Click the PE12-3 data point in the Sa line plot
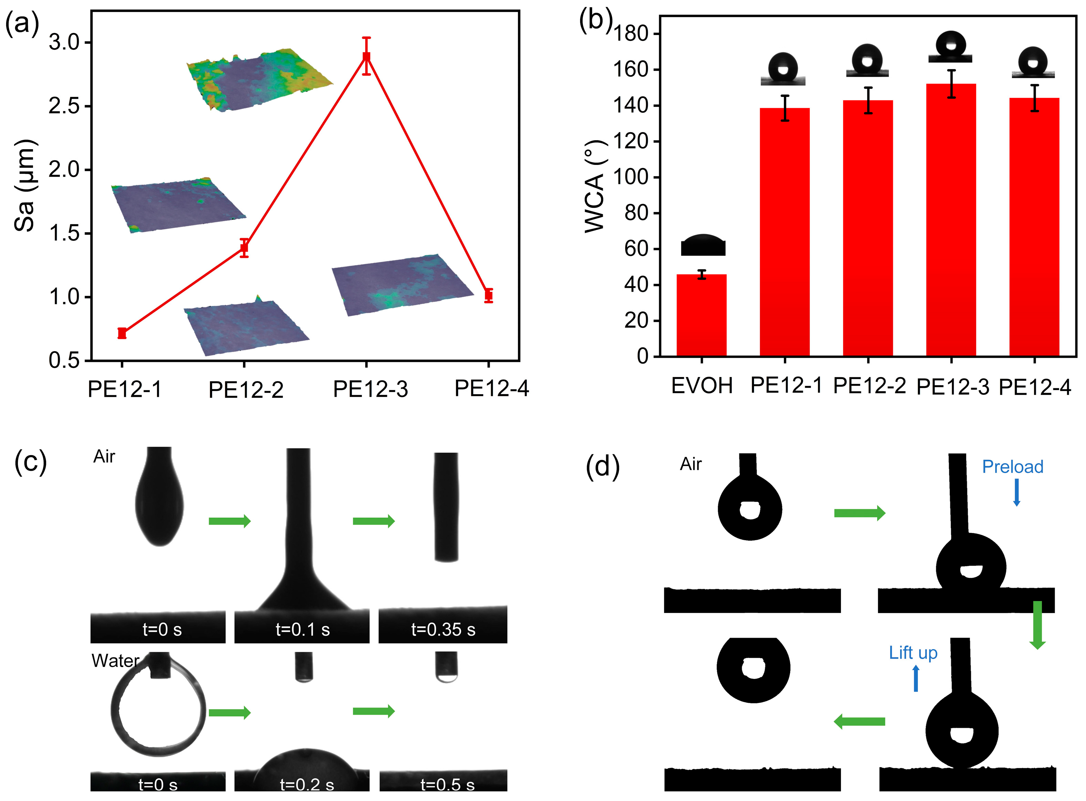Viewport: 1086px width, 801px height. (x=366, y=57)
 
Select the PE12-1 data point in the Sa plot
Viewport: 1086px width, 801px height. (x=122, y=333)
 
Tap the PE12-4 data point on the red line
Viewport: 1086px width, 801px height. (x=489, y=295)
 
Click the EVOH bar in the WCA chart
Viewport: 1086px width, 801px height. (x=701, y=315)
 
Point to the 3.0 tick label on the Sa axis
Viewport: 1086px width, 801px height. (x=64, y=43)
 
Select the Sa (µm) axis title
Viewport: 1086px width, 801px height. (x=24, y=186)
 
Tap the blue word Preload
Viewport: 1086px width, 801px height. (x=1012, y=466)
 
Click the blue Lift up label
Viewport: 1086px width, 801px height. (x=913, y=653)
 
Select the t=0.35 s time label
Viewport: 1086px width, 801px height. (x=443, y=630)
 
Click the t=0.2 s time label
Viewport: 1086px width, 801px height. (x=307, y=785)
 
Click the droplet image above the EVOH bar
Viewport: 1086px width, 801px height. (x=703, y=245)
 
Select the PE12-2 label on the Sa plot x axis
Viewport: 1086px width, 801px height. (x=246, y=390)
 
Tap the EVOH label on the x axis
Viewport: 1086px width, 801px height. (x=701, y=386)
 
